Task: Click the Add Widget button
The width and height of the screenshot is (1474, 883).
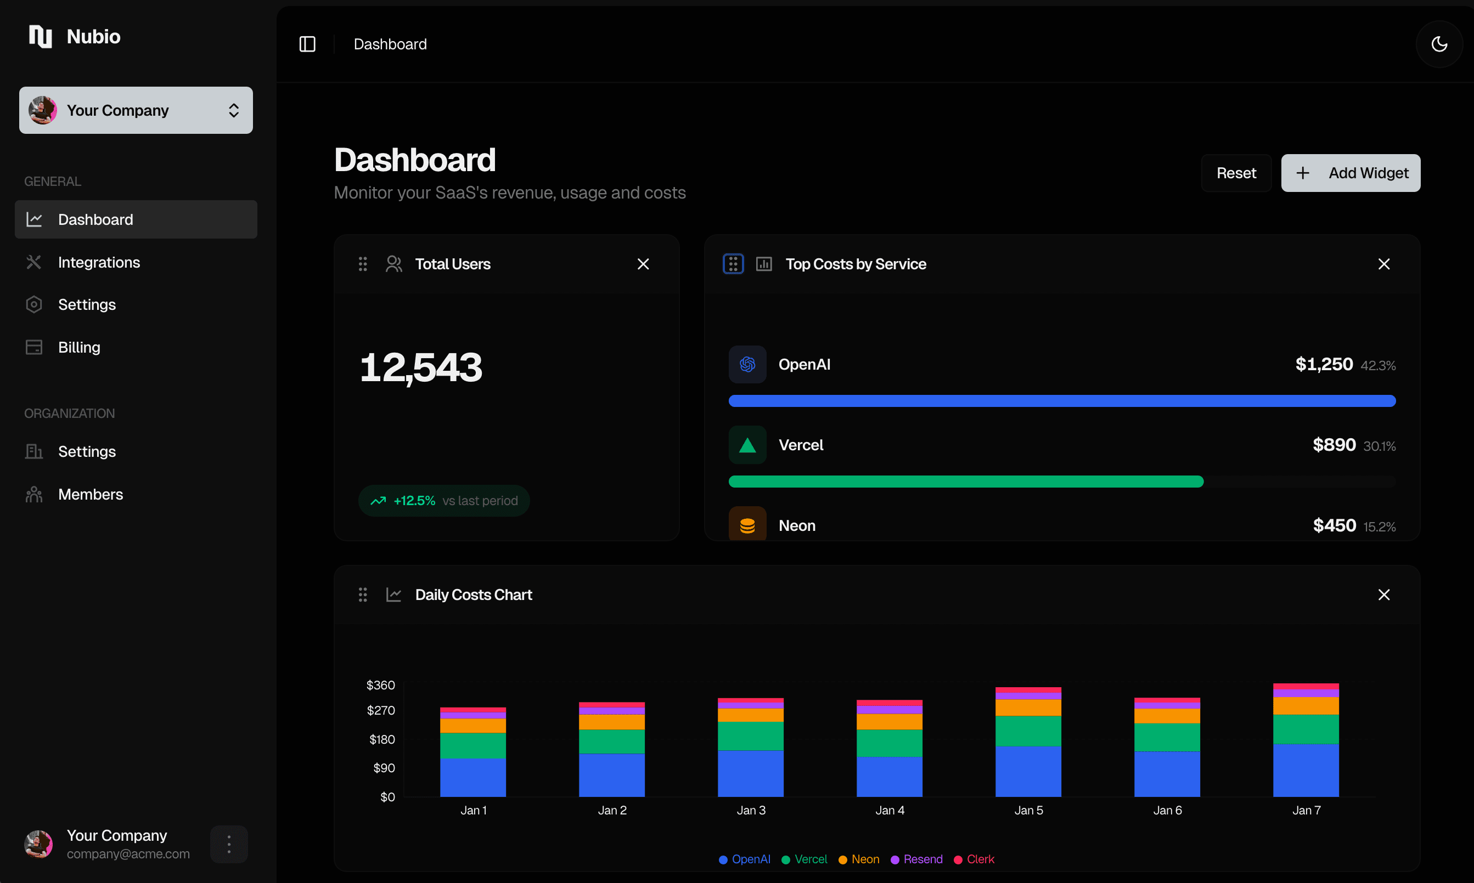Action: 1350,173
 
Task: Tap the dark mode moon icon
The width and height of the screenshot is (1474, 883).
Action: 1439,44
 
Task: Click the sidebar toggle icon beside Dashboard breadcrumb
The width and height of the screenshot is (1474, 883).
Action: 307,44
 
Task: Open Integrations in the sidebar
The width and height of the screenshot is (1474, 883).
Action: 99,262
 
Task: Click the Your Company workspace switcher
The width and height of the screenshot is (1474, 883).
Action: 136,110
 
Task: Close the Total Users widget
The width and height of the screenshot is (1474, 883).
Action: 643,264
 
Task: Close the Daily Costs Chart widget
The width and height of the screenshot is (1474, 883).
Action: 1383,595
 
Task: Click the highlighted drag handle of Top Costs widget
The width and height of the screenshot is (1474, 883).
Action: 733,264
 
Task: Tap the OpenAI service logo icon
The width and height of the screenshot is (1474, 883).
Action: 747,364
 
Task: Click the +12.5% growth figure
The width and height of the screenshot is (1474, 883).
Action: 414,500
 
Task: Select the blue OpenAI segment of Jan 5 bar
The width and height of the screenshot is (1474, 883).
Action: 1028,771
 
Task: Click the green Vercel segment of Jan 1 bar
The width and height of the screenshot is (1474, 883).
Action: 472,745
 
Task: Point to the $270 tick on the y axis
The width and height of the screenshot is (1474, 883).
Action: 381,710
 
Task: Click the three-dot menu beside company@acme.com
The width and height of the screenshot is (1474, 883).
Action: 229,844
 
